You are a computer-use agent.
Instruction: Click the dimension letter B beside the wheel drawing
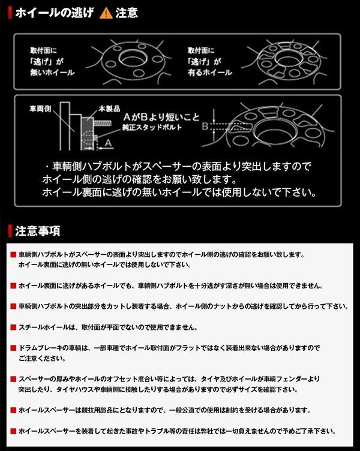205,127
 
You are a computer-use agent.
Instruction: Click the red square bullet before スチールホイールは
13,328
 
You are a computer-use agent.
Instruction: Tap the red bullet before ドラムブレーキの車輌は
13,348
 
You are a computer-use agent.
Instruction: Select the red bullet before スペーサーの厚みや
13,379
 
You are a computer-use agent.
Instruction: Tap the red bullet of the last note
13,431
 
